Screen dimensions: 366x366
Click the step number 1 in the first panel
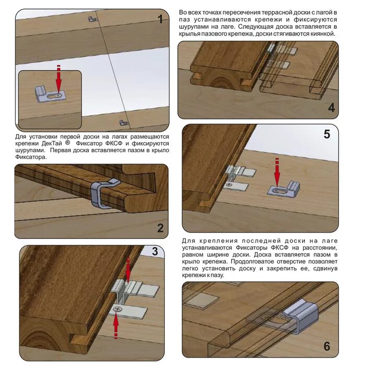(160, 19)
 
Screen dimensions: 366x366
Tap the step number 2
(160, 228)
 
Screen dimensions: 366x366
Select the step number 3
(155, 251)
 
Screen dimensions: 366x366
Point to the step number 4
(331, 108)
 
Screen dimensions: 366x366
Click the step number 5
(327, 134)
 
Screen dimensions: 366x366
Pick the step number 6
(327, 346)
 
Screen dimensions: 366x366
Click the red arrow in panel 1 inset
(59, 78)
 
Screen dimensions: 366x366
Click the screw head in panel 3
(117, 310)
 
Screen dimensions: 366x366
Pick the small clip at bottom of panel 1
(124, 122)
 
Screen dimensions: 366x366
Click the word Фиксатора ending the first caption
(31, 157)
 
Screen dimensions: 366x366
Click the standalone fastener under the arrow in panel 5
(283, 188)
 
